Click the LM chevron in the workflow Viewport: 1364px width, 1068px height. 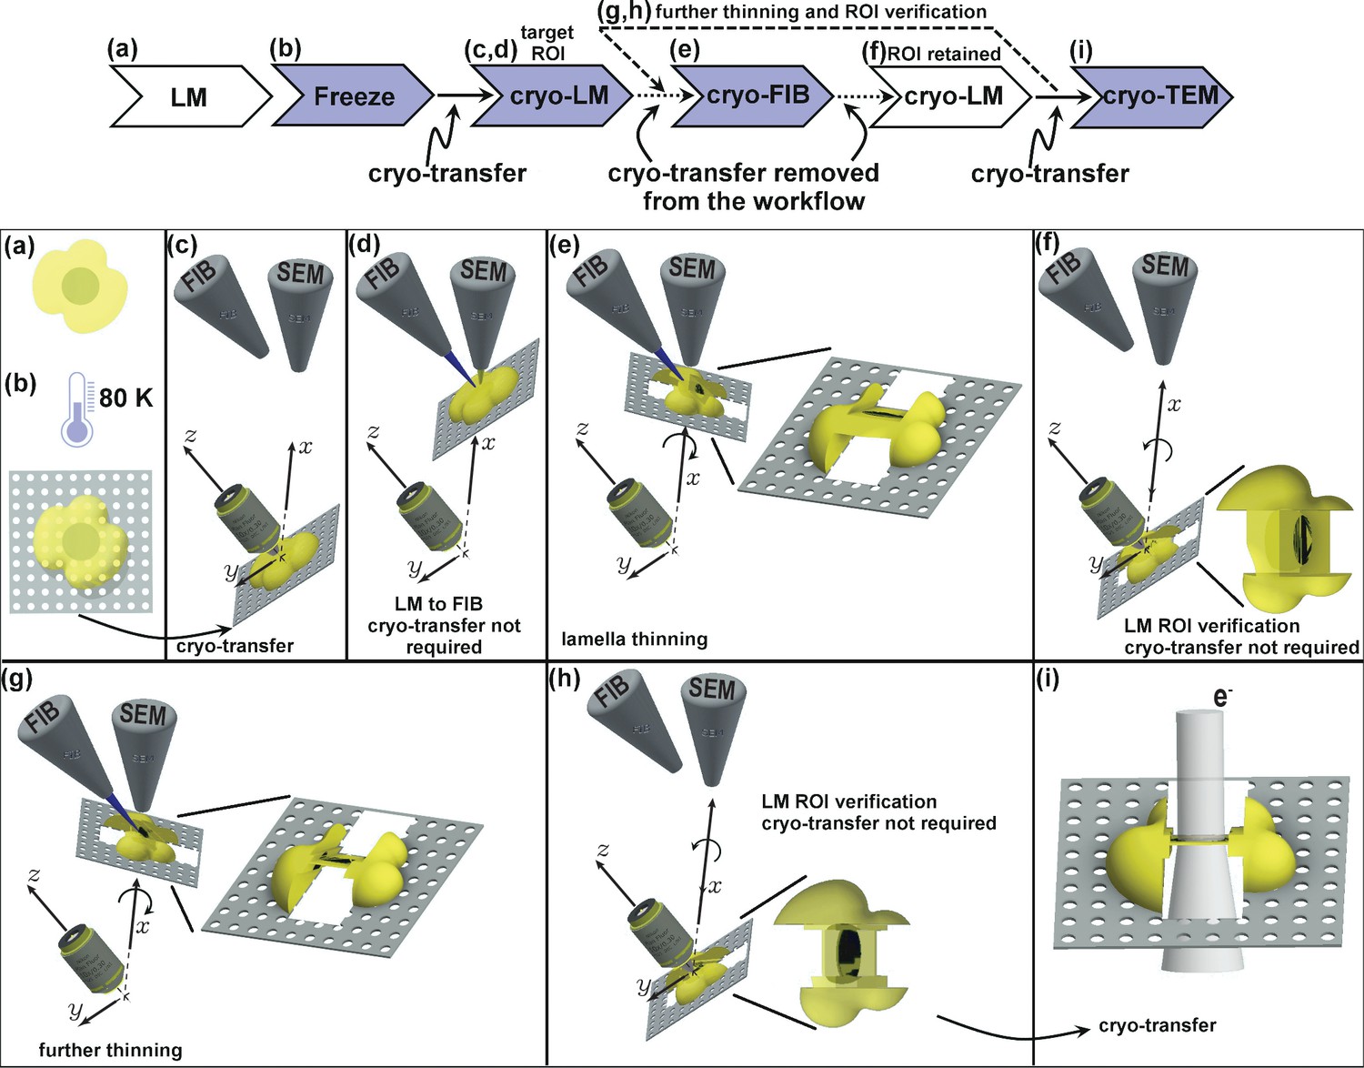189,96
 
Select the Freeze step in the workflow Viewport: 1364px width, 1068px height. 354,96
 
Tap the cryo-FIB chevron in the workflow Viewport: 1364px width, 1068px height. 757,95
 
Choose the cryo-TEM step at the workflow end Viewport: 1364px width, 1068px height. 1160,95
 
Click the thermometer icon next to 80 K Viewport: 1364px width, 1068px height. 76,409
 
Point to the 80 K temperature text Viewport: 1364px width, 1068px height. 125,398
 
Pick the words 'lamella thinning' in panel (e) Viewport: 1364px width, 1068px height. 634,639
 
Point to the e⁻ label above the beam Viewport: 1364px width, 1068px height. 1222,697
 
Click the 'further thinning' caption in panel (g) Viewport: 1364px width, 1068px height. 110,1050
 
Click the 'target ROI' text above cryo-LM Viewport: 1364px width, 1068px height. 547,43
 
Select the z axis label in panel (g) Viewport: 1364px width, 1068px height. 34,875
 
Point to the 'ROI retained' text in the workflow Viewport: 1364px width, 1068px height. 943,54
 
